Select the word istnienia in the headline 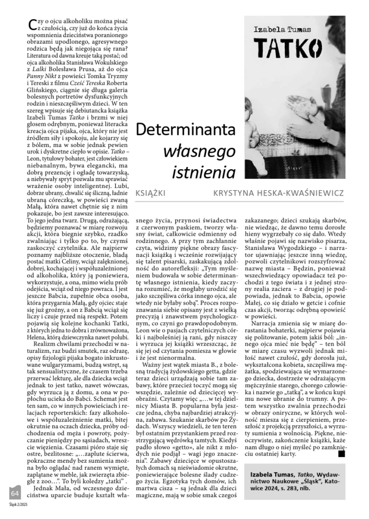pos(203,172)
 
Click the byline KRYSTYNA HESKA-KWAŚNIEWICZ pos(279,194)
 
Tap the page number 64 pos(14,493)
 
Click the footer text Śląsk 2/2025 pos(18,505)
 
